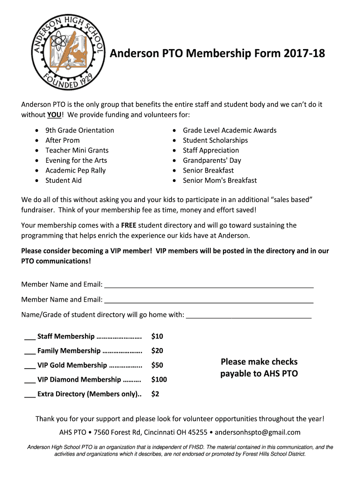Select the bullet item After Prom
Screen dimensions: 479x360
click(x=62, y=140)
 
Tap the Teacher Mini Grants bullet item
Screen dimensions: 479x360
click(x=77, y=150)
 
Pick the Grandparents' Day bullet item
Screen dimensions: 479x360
click(x=212, y=160)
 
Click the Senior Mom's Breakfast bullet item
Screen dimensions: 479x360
click(x=220, y=181)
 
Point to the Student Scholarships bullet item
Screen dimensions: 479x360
click(x=215, y=140)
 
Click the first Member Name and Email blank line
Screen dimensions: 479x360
click(x=209, y=285)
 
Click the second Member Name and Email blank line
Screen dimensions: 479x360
click(x=209, y=299)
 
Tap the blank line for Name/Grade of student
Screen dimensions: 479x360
click(x=249, y=315)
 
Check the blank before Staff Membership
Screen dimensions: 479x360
click(x=29, y=336)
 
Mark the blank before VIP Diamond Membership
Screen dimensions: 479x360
click(x=29, y=380)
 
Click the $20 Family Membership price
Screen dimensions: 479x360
click(x=157, y=351)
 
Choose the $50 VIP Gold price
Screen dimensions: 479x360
click(x=157, y=365)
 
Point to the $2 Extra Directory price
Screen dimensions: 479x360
click(x=155, y=394)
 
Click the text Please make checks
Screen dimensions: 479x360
click(x=259, y=362)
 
